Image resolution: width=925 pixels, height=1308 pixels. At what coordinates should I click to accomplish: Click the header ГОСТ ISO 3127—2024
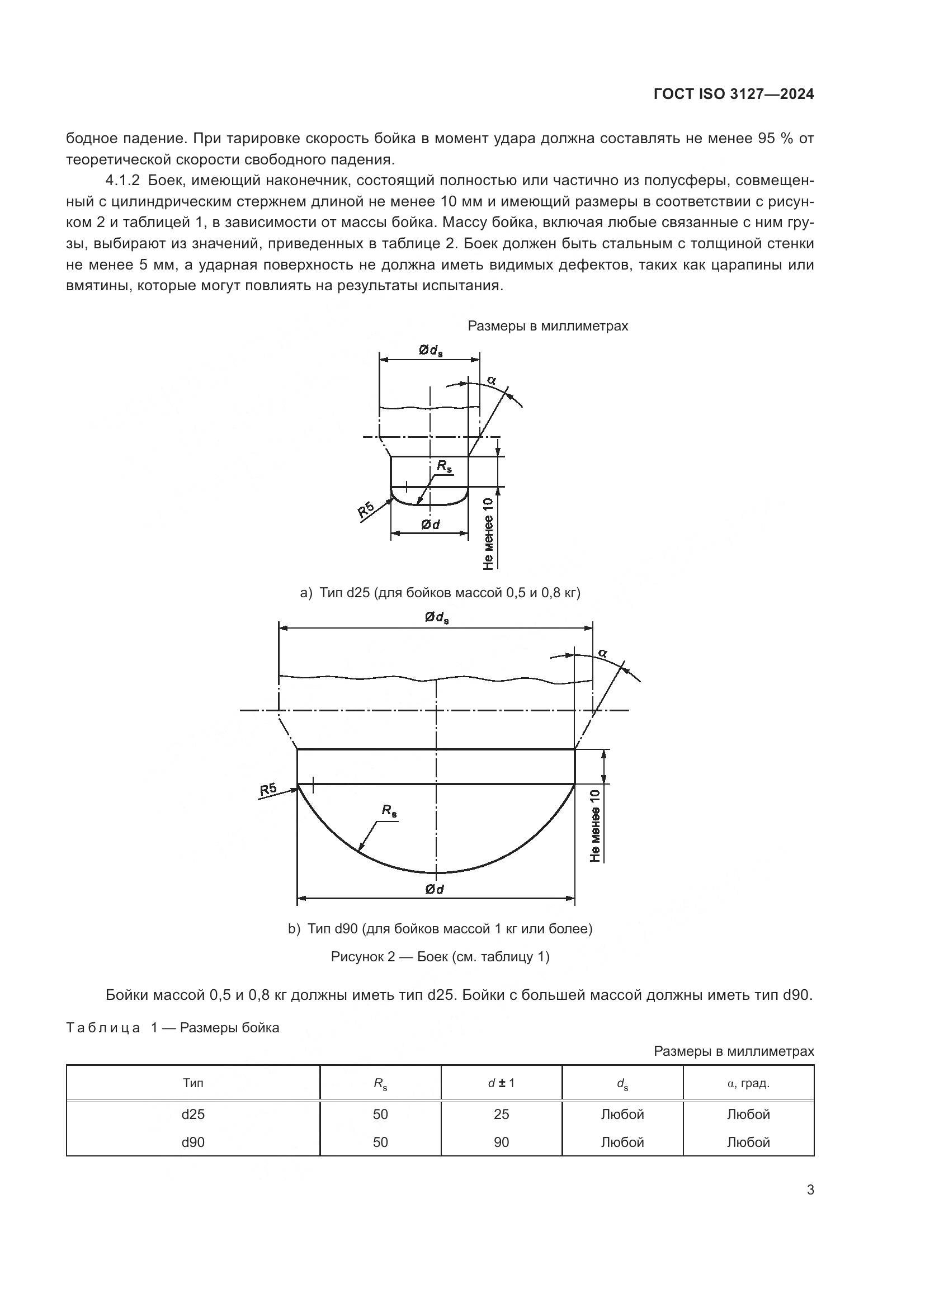[734, 95]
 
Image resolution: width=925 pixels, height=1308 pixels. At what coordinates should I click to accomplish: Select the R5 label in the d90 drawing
[268, 790]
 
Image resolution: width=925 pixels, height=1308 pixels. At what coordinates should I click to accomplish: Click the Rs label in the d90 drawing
[390, 811]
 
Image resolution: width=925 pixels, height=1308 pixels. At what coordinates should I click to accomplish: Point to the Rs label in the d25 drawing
[445, 466]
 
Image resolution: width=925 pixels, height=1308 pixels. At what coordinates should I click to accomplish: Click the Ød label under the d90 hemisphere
[435, 889]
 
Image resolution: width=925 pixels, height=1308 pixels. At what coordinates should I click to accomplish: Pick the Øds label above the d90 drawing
[436, 617]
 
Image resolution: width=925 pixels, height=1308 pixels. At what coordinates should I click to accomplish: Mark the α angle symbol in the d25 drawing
[492, 379]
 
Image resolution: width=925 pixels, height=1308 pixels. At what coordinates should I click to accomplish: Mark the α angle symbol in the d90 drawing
[603, 653]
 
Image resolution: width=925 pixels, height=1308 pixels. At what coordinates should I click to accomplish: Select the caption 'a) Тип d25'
[440, 593]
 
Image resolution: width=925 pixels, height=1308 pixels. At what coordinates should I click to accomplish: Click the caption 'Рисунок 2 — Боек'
[440, 956]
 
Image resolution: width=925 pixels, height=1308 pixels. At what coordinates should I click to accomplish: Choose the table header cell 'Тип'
[193, 1083]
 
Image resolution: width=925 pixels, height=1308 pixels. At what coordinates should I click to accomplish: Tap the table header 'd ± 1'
[501, 1083]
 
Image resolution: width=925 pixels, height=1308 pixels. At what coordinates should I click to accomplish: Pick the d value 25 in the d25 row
[501, 1114]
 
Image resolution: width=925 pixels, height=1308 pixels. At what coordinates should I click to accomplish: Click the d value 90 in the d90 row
[501, 1142]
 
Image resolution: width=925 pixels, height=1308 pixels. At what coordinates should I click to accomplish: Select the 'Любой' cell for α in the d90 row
[748, 1142]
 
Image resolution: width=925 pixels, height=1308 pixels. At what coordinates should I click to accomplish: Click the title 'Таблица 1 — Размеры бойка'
[173, 1028]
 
